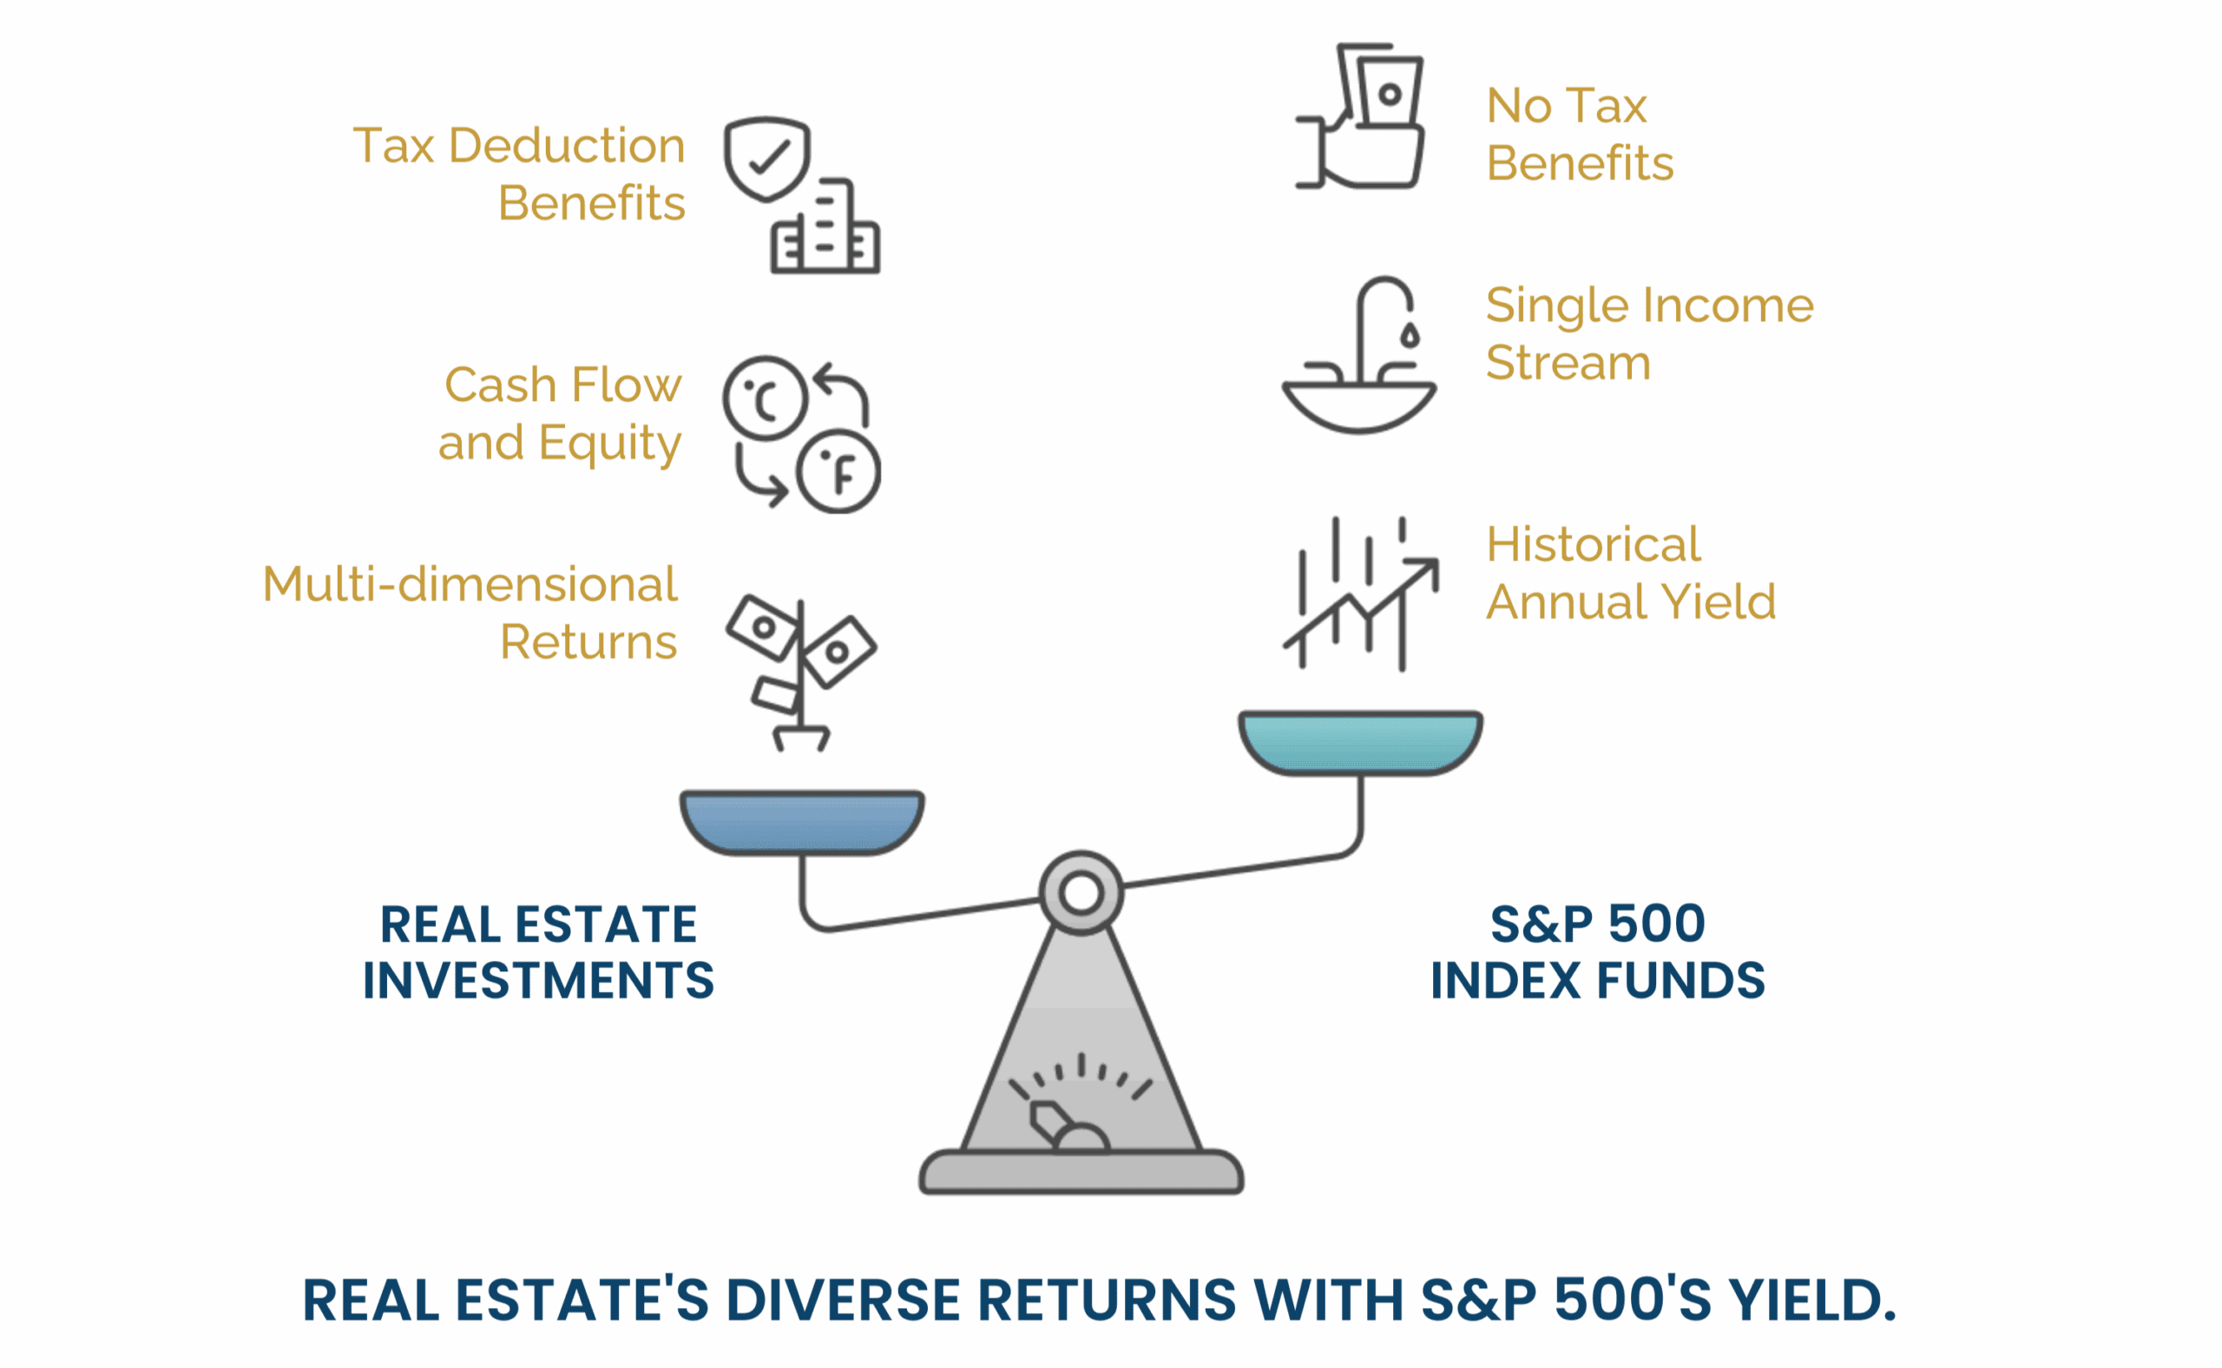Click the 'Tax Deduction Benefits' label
(x=519, y=174)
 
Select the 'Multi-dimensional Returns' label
(x=470, y=613)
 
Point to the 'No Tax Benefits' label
(x=1580, y=134)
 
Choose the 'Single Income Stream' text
(x=1649, y=333)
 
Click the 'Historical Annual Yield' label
(x=1631, y=573)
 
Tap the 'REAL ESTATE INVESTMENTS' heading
(x=538, y=953)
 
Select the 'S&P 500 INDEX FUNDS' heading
(x=1598, y=953)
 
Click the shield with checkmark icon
(x=767, y=158)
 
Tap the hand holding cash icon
(x=1360, y=115)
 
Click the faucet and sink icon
(x=1359, y=355)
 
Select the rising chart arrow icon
(x=1361, y=594)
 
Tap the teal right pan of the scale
(x=1360, y=743)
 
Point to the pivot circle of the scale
(x=1081, y=893)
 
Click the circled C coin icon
(x=766, y=398)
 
